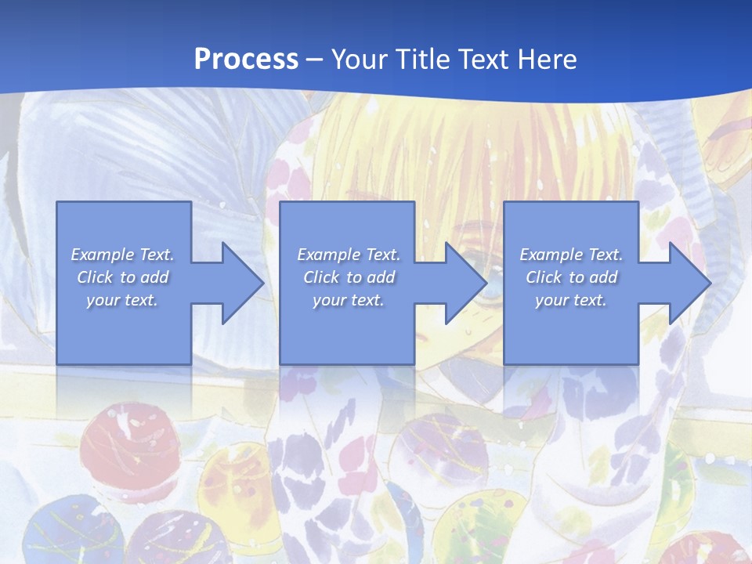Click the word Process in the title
246,60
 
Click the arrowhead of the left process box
243,283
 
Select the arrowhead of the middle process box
466,283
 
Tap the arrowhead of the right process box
690,283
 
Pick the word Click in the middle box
321,277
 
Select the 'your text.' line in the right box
570,300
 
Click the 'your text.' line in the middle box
348,300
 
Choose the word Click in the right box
544,277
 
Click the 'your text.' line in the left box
122,300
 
